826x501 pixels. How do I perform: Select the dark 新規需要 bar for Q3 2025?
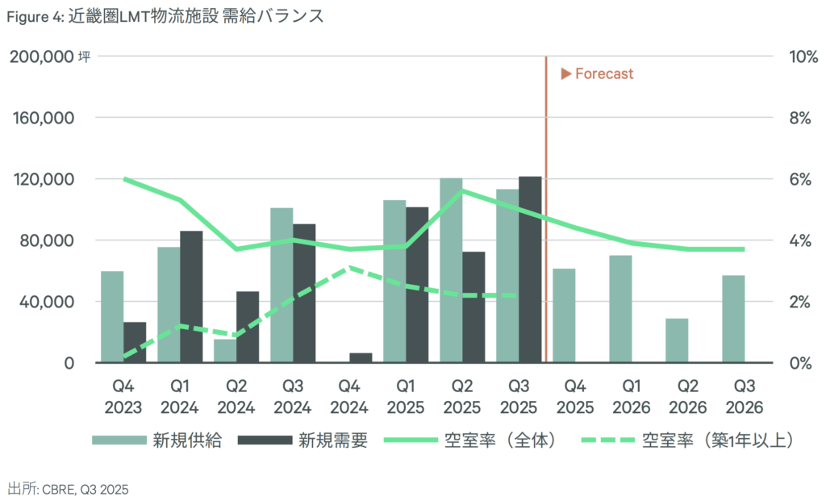point(530,269)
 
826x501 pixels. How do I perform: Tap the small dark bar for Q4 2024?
point(361,357)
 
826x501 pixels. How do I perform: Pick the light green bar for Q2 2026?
point(677,340)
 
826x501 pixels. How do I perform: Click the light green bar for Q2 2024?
point(225,351)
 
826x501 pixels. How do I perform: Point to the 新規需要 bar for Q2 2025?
point(473,307)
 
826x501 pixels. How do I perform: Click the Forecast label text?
point(603,74)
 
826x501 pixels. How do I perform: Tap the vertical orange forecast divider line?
point(546,210)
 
